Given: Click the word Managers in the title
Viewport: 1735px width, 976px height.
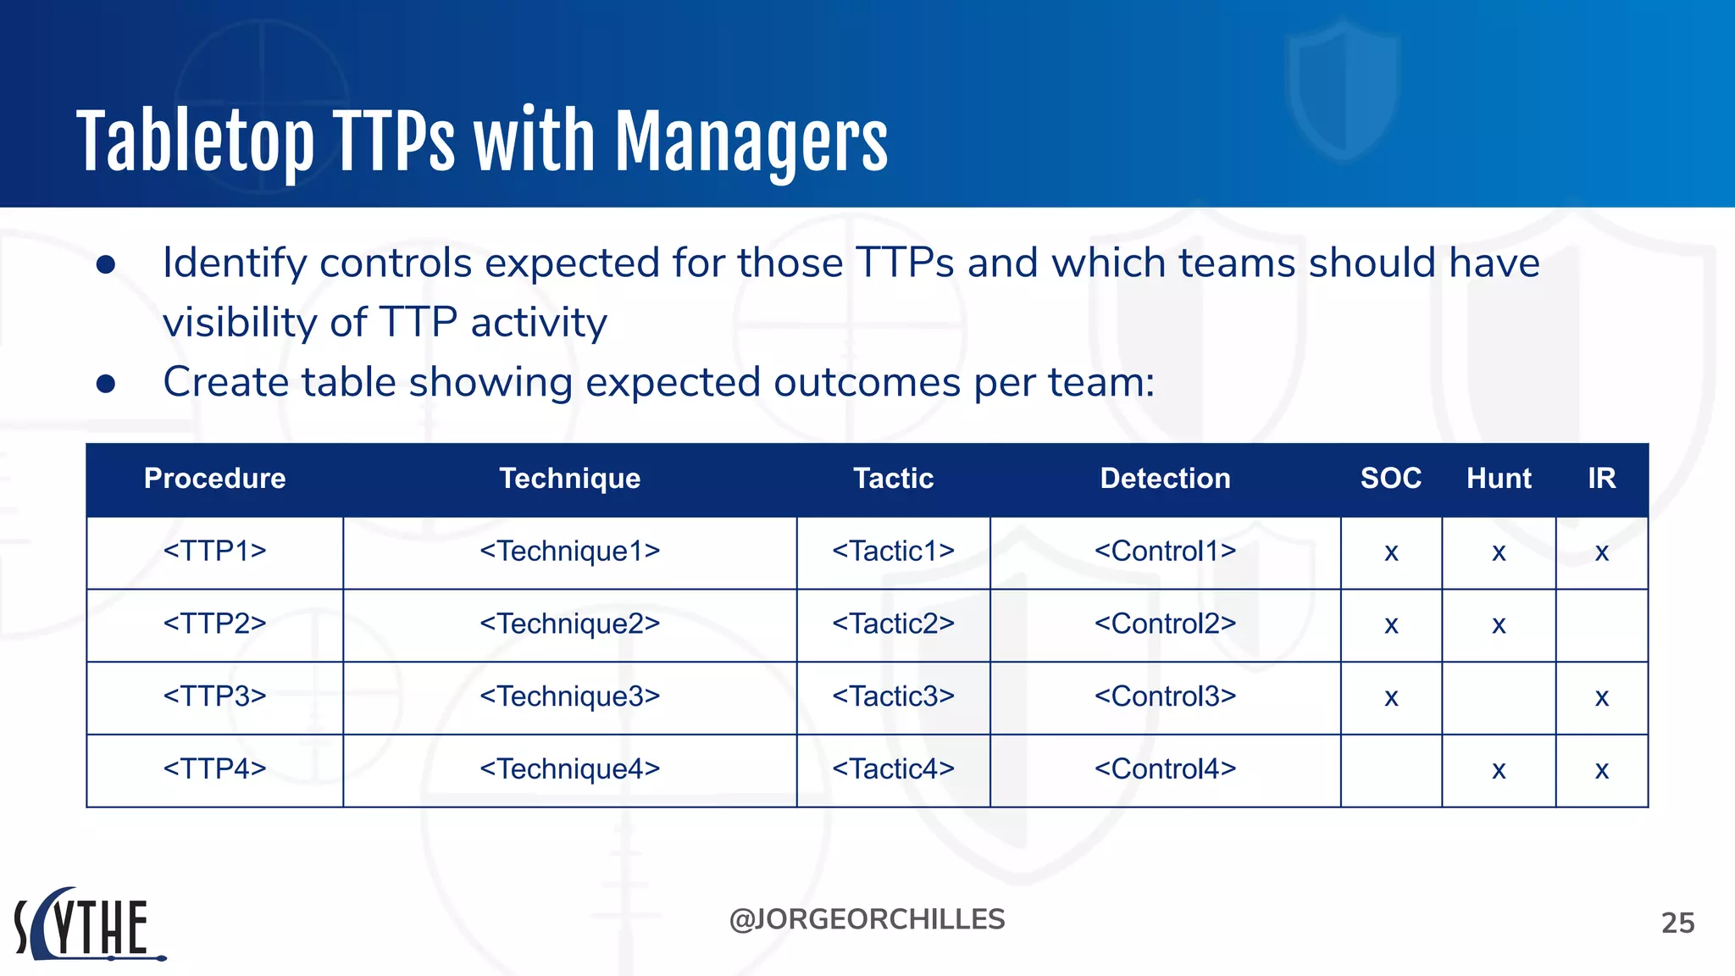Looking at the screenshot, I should pos(751,142).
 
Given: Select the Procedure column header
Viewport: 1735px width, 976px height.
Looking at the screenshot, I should pos(214,479).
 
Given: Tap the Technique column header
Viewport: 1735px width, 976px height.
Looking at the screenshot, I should pos(569,479).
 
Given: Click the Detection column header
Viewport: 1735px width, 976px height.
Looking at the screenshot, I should pos(1165,479).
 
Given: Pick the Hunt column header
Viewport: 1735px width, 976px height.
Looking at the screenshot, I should pos(1499,479).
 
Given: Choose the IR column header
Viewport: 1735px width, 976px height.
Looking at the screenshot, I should pos(1601,479).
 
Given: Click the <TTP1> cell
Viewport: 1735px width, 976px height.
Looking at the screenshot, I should pos(214,552).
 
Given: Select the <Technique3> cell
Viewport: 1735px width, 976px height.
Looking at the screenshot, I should pos(569,696).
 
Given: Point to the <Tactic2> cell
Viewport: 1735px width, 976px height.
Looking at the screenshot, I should pos(893,624).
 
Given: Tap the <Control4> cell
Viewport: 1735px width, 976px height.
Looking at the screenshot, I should pos(1165,769).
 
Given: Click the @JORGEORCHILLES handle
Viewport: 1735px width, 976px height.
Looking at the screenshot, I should pos(867,919).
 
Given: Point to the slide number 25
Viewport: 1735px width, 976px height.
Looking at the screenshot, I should pos(1677,923).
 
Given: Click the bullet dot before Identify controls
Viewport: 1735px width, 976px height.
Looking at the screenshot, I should pos(106,265).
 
